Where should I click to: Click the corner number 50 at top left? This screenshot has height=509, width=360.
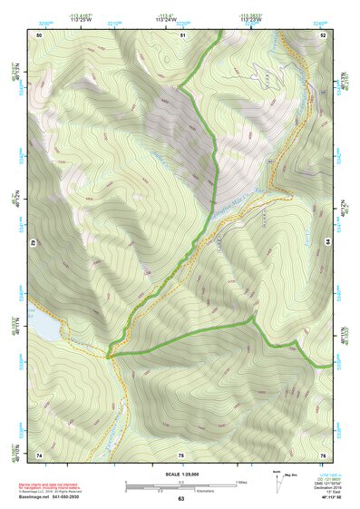[39, 34]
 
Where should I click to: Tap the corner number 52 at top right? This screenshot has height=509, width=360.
[323, 34]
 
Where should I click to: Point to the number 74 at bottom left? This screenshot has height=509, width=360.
[39, 454]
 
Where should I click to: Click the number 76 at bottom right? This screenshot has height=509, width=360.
[322, 454]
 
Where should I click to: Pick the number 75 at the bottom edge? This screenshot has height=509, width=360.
[180, 454]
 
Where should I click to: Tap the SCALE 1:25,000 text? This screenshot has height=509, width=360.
[180, 474]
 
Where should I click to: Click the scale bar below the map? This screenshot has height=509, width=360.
[180, 485]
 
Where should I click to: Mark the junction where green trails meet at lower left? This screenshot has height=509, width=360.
[110, 354]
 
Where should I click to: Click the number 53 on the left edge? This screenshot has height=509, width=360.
[34, 243]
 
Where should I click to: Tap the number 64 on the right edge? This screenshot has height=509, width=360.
[327, 243]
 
